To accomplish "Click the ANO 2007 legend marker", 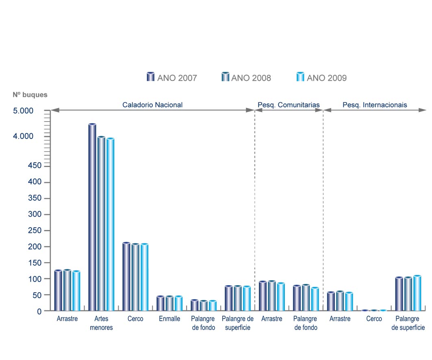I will [x=150, y=77].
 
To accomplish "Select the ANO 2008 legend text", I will [x=251, y=78].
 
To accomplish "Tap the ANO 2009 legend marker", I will [x=300, y=77].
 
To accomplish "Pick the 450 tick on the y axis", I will [x=35, y=166].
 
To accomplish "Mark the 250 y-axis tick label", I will [x=35, y=230].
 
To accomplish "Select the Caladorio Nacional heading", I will [x=152, y=105].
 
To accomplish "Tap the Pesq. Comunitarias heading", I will [x=289, y=105].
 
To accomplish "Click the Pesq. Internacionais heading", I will [x=375, y=105].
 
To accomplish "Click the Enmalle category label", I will [x=169, y=319].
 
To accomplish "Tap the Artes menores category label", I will [x=101, y=323].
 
